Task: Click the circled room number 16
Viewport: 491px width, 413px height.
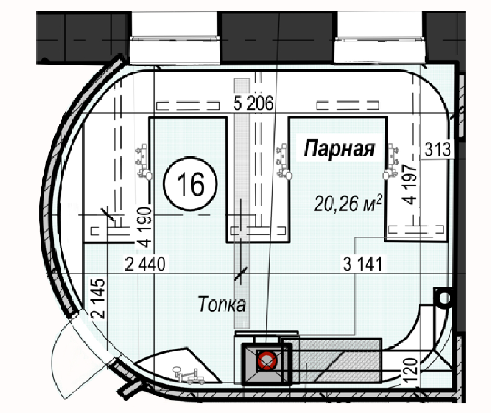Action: (190, 184)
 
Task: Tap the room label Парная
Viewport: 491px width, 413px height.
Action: (339, 148)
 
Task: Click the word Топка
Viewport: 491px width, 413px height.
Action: (222, 304)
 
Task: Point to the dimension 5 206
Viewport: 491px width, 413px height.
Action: (253, 103)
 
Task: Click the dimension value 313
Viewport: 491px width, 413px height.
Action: (438, 149)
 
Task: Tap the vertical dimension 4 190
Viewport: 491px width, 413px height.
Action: (144, 227)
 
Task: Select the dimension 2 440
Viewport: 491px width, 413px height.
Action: (145, 264)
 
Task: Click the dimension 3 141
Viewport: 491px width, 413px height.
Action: (363, 264)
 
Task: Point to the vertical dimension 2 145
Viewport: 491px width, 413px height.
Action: (99, 299)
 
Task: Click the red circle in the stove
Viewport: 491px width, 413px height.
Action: (266, 360)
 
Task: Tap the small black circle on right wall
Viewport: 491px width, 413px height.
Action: (443, 298)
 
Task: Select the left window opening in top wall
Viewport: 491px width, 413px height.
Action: (175, 38)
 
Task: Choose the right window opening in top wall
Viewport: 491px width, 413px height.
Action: (380, 38)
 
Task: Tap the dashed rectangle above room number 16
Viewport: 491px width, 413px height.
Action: (188, 105)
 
